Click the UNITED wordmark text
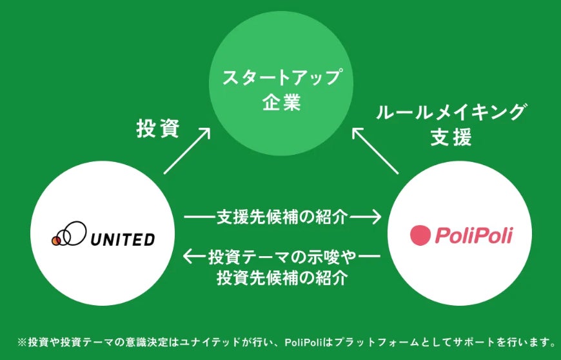[122, 239]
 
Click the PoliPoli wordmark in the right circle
[473, 235]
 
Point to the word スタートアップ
[281, 79]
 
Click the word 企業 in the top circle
[281, 103]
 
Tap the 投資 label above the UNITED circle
[158, 128]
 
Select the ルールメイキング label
[451, 114]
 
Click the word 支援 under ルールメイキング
[451, 138]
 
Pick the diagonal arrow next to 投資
[187, 150]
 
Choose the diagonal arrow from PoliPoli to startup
[376, 150]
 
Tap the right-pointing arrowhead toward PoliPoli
[375, 217]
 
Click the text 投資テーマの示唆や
[283, 257]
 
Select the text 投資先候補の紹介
[283, 278]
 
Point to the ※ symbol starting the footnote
[22, 341]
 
